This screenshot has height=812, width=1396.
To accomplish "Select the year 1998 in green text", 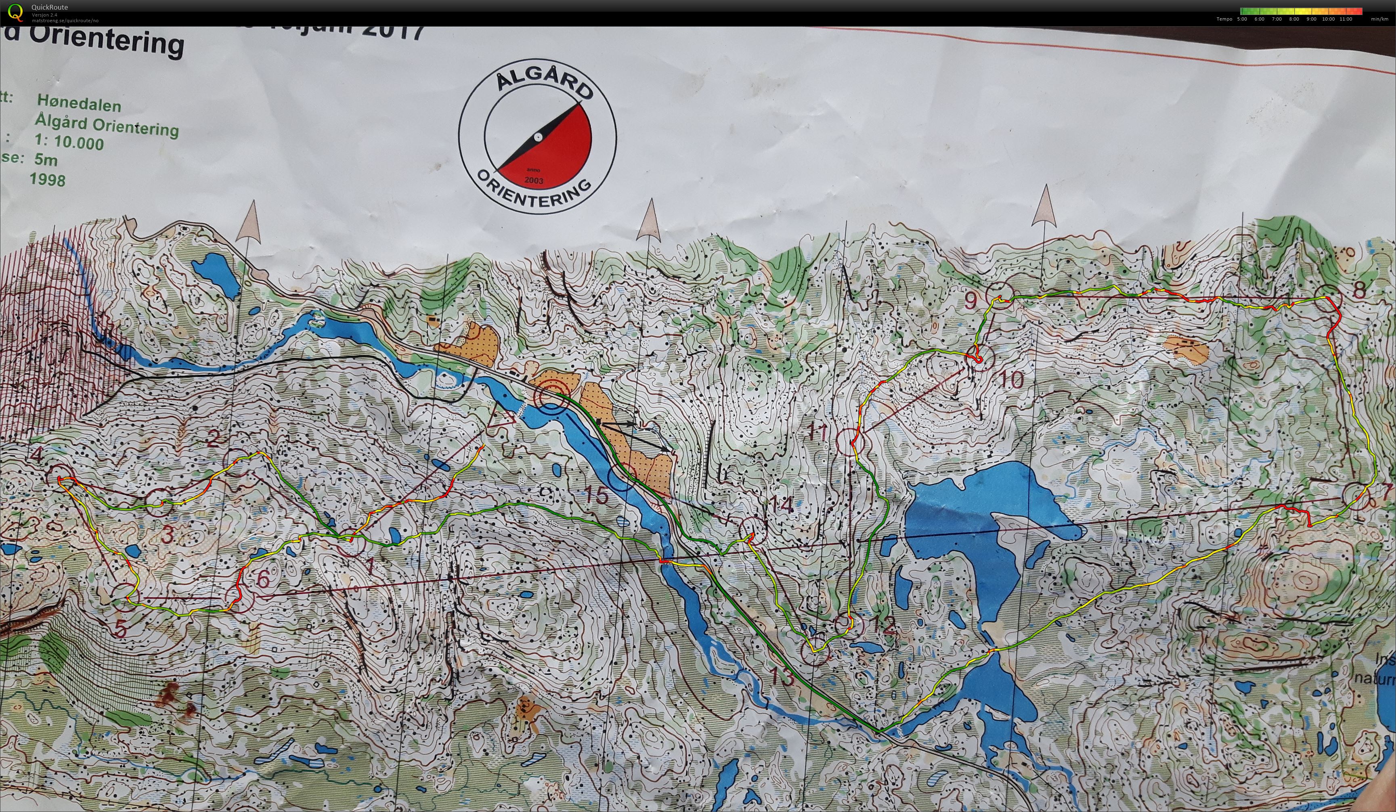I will tap(48, 179).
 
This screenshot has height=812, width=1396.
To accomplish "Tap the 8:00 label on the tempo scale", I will tap(1294, 19).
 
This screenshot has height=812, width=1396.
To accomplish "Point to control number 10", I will tap(1012, 380).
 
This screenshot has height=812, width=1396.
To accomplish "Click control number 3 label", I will tap(168, 535).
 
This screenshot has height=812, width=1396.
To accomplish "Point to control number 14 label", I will tap(781, 505).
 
